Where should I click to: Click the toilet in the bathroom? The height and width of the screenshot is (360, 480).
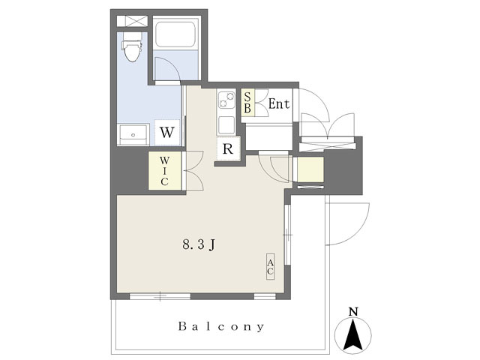[132, 47]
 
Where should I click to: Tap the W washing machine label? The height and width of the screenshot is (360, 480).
[167, 133]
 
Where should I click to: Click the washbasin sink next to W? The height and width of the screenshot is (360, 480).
[133, 134]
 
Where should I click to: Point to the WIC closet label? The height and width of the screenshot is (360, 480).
[164, 171]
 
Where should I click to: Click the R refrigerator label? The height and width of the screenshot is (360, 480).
[228, 149]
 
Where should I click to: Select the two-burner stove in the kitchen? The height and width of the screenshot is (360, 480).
[226, 100]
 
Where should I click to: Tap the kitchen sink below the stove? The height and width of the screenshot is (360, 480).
[226, 125]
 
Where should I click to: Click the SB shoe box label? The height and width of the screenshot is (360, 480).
[247, 102]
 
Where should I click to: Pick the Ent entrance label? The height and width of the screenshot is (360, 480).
[278, 104]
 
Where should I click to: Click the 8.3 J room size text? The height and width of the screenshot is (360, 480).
[199, 244]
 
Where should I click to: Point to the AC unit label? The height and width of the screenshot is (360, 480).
[270, 267]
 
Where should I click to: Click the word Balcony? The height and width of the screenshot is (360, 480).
[221, 327]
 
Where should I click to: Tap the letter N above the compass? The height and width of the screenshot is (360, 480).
[353, 312]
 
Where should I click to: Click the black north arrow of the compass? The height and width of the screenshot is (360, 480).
[353, 334]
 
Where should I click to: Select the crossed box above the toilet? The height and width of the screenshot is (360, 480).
[132, 21]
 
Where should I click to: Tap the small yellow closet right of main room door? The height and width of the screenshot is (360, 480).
[308, 169]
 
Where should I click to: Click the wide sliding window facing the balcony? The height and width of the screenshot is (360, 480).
[160, 296]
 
